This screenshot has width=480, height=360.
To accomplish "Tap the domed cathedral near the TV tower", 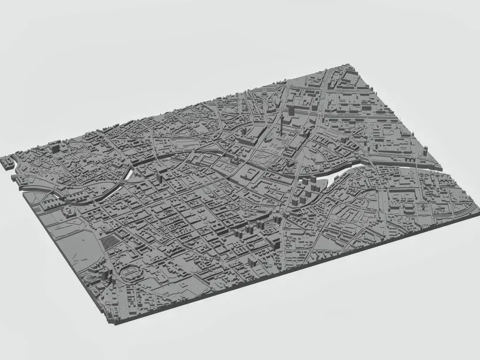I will pyautogui.click(x=249, y=173).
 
